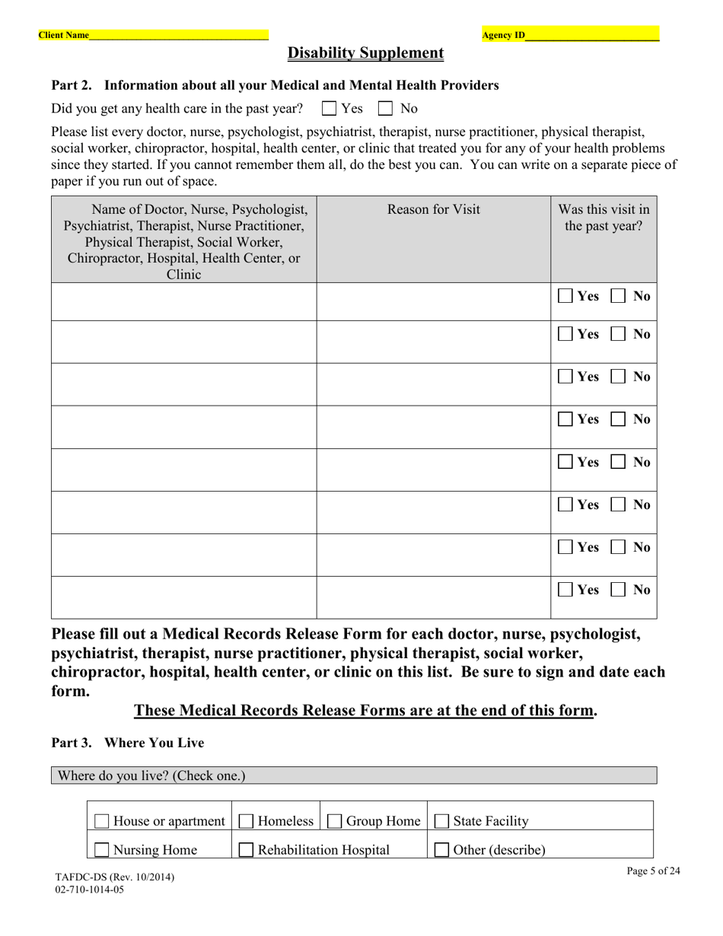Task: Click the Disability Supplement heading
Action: tap(365, 53)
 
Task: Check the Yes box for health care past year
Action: tap(330, 109)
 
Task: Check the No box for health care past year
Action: tap(386, 109)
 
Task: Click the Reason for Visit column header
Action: tap(434, 209)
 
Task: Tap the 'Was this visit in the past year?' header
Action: tap(604, 218)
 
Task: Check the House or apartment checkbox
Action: tap(102, 821)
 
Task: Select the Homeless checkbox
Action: tap(247, 821)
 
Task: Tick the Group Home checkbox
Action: tap(335, 821)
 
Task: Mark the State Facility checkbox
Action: tap(441, 821)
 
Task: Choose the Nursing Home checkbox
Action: tap(102, 850)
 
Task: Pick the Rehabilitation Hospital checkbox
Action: tap(247, 850)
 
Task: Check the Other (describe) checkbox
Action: tap(441, 850)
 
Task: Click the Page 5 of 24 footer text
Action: tap(653, 871)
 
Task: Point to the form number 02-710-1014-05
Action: tap(89, 889)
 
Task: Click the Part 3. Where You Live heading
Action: tap(127, 743)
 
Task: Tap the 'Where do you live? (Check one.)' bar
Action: tap(354, 775)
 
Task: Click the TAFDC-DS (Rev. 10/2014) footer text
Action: tap(114, 877)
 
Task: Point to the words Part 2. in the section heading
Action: tap(72, 85)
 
